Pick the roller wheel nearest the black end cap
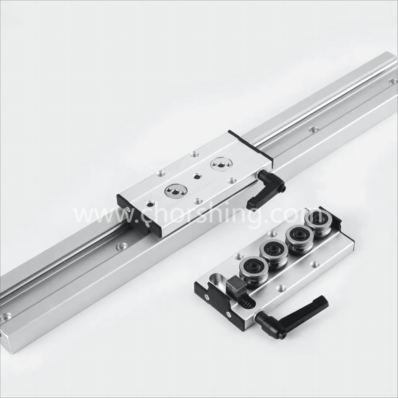[x=318, y=223]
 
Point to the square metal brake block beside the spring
[x=236, y=287]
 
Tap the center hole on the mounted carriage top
[x=197, y=176]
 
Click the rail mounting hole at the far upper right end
[x=393, y=81]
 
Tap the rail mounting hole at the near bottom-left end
[x=5, y=317]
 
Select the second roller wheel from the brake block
[x=274, y=253]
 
